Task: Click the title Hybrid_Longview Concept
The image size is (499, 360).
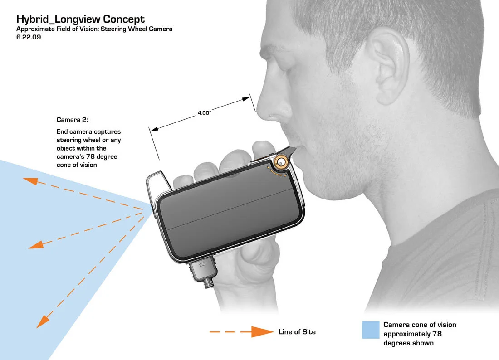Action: [x=80, y=19]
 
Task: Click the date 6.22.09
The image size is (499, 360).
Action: [x=29, y=37]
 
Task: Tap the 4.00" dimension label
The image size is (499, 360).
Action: [x=204, y=113]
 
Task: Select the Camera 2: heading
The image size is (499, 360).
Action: [x=72, y=120]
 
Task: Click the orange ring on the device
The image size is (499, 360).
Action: [x=281, y=162]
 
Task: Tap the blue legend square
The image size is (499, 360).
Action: [x=371, y=330]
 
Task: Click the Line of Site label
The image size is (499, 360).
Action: [x=297, y=332]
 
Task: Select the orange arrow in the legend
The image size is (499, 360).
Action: [x=241, y=332]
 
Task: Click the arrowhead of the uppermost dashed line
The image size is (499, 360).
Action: [x=30, y=181]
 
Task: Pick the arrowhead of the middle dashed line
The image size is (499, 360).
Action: [x=36, y=245]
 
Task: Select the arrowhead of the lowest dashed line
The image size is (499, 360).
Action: [x=42, y=321]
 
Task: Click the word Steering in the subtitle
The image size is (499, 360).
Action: [x=113, y=29]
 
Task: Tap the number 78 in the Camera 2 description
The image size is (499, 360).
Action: [x=90, y=156]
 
